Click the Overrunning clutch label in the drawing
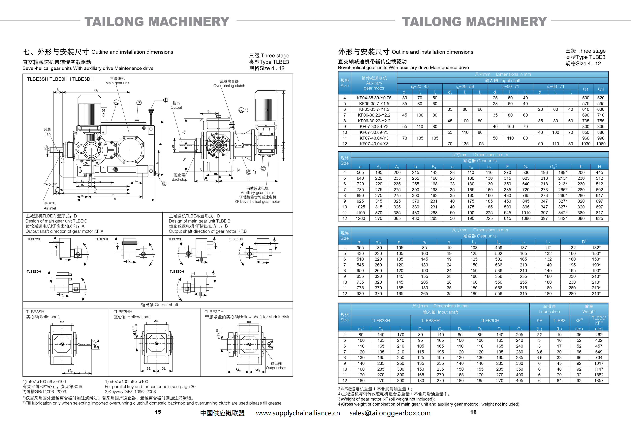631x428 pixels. pos(229,86)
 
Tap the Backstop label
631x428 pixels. pos(179,179)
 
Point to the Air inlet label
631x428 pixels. pos(50,208)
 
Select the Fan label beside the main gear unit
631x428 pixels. pos(47,134)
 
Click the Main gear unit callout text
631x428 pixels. pos(117,83)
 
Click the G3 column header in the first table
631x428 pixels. pos(601,89)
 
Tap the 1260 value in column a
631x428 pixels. pos(360,219)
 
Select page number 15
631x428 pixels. pos(158,412)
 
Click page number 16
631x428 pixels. pos(473,412)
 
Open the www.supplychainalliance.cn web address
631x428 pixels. pos(298,413)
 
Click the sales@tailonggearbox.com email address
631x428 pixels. pos(390,413)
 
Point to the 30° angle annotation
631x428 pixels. pos(54,184)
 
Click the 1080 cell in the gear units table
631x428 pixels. pos(526,219)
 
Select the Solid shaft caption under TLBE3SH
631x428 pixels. pos(43,317)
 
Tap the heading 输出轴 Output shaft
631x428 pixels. pos(159,305)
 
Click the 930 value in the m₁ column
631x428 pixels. pos(360,294)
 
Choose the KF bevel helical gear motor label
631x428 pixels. pos(257,202)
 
